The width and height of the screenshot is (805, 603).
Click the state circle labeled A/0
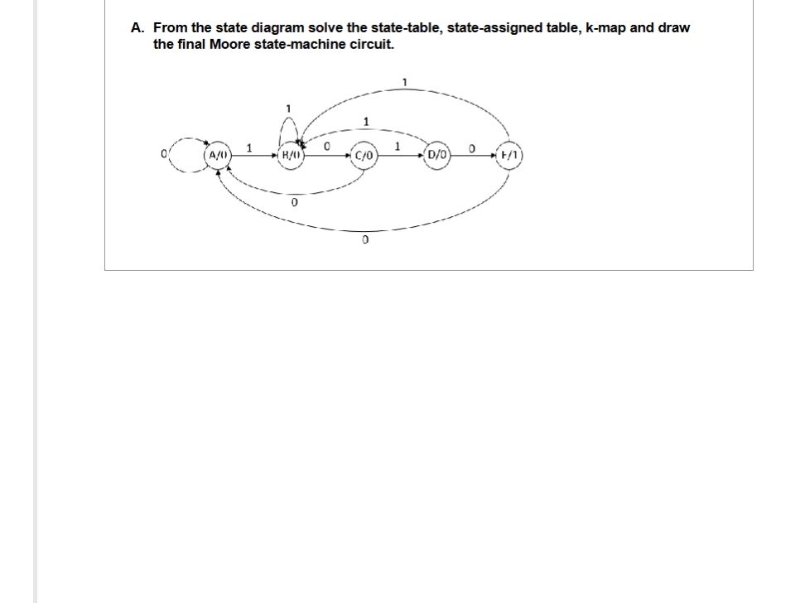coord(218,155)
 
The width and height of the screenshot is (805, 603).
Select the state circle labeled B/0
coord(292,155)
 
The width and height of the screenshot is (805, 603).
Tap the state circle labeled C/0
coord(364,156)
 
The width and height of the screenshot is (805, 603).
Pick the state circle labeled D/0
coord(437,155)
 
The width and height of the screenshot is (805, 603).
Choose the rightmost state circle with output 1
coord(510,155)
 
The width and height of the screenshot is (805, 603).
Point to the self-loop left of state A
coord(185,154)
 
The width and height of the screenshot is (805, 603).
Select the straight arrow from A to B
coord(253,155)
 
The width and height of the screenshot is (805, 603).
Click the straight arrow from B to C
coord(328,155)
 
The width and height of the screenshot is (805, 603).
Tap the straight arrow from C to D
coord(401,155)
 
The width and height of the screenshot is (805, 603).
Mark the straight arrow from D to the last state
coord(474,155)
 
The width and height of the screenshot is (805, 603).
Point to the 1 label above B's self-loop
coord(288,108)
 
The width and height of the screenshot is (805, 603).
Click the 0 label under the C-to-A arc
coord(294,202)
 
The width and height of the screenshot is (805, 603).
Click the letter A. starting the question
coord(137,27)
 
